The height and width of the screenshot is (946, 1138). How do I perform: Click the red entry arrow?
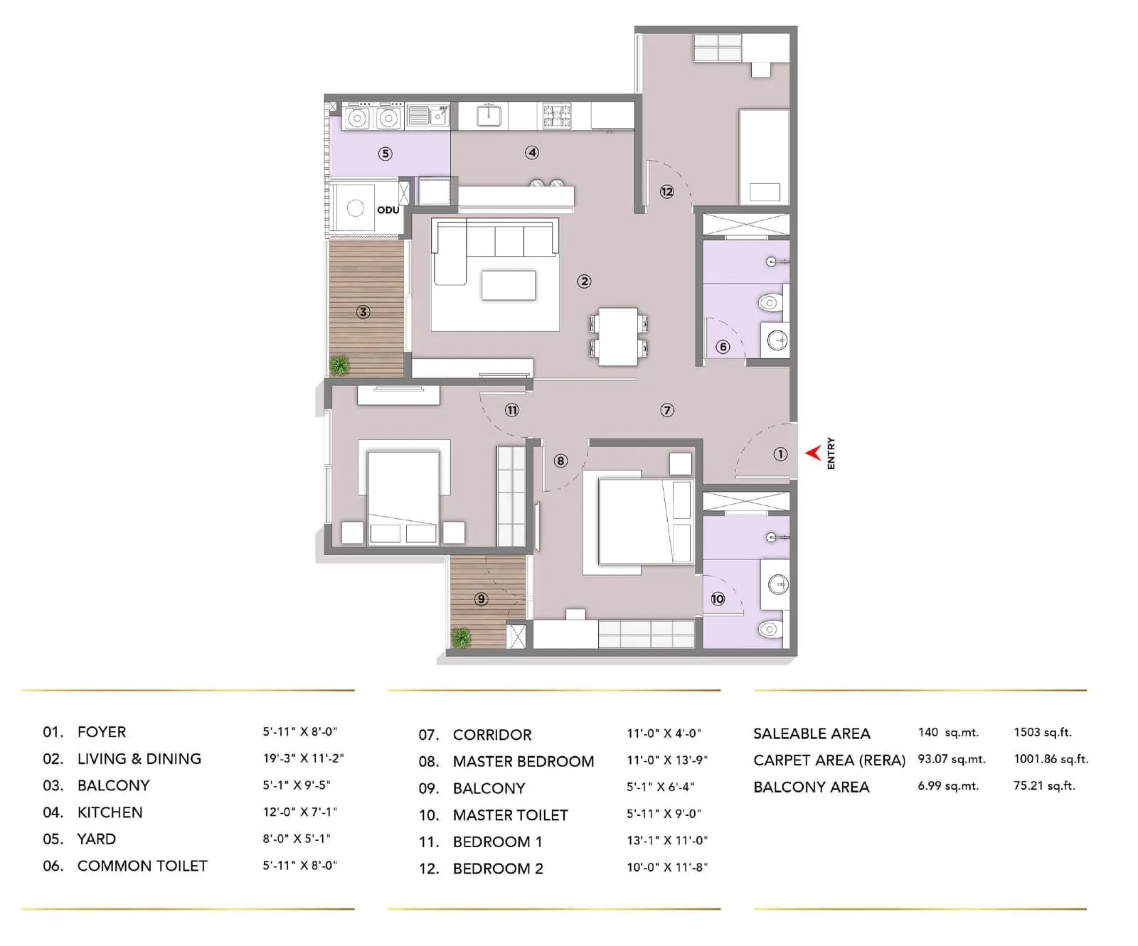point(813,453)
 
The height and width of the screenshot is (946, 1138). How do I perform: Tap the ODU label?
point(388,210)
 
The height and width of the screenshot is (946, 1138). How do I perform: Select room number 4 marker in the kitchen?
point(532,152)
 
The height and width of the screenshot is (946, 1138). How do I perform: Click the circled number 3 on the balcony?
point(363,312)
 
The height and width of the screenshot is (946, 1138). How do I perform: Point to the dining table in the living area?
point(618,335)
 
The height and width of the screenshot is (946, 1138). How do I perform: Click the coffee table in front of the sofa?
point(509,285)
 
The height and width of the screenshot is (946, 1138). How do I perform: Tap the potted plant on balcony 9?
point(462,638)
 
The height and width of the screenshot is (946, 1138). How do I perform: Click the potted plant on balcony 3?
point(340,365)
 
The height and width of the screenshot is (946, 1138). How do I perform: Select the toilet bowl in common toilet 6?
point(770,304)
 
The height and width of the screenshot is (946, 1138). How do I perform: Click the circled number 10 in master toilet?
point(718,599)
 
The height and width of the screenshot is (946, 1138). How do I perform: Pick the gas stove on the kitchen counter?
point(557,117)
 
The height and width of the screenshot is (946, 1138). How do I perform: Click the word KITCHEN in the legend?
point(110,812)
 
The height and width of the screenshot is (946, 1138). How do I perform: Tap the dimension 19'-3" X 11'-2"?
point(303,758)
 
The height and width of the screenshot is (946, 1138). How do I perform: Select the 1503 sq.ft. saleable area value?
point(1042,732)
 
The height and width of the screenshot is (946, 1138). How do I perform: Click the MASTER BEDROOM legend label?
point(523,761)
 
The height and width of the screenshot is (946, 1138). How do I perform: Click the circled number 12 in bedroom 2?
point(666,191)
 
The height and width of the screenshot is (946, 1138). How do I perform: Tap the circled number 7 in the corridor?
point(667,410)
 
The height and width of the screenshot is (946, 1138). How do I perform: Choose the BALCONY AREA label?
point(811,787)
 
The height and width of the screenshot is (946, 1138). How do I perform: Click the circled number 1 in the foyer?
point(780,454)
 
